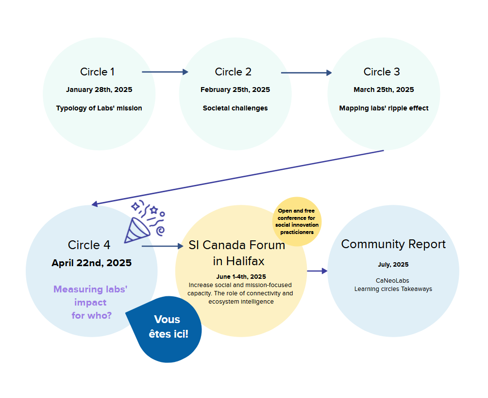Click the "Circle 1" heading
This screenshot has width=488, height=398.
98,72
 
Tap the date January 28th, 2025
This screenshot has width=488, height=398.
99,90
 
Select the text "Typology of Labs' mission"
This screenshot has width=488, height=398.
99,108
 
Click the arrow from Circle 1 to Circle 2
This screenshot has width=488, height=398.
165,72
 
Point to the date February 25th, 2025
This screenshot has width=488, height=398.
236,90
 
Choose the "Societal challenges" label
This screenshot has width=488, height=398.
236,108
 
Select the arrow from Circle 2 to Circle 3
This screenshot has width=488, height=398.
306,72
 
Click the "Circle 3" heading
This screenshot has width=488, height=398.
382,72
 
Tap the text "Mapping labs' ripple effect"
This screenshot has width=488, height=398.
384,108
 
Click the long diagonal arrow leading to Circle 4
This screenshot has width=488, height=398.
238,178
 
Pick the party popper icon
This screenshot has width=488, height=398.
144,221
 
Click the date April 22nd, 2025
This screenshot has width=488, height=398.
91,263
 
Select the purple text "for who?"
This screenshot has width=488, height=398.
91,315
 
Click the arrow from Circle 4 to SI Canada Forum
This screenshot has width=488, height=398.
163,246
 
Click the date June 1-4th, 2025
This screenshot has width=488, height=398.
241,277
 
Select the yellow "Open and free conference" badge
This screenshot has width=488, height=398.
297,221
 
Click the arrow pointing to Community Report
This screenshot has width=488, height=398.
317,271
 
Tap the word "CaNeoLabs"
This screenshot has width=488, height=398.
392,280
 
